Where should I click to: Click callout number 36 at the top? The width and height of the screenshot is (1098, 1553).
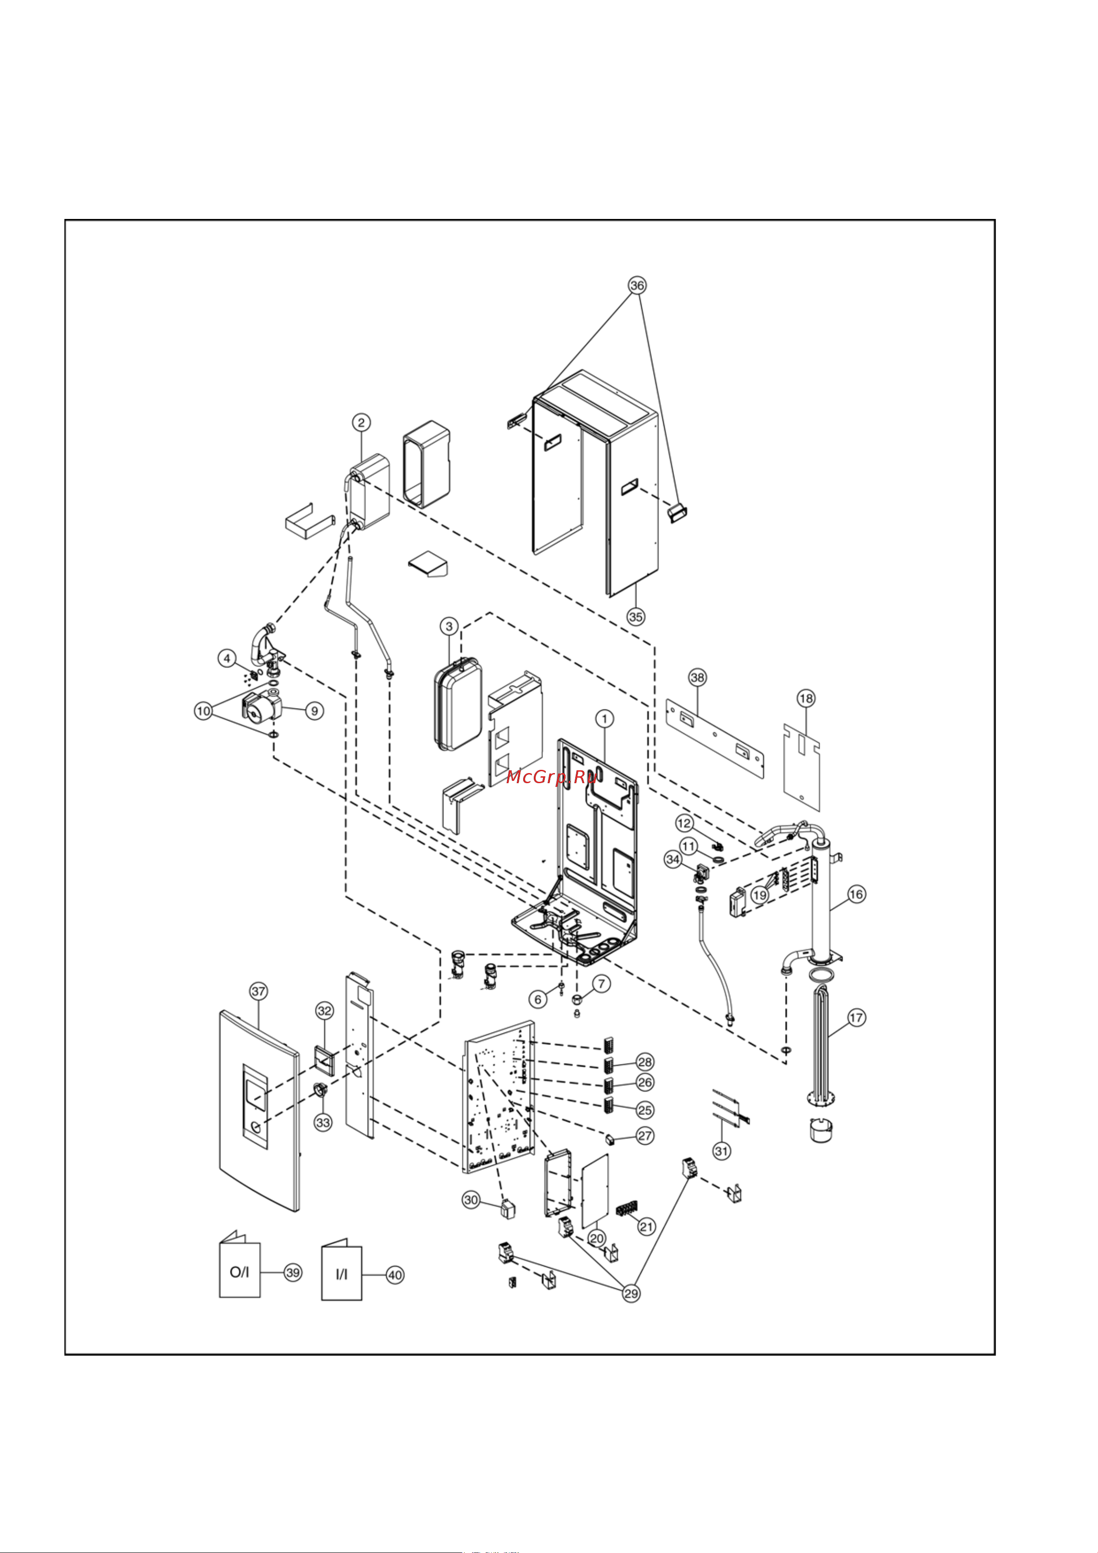pyautogui.click(x=638, y=285)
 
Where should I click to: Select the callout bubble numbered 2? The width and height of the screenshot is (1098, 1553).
pyautogui.click(x=361, y=423)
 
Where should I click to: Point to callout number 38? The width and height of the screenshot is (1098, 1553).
pyautogui.click(x=697, y=677)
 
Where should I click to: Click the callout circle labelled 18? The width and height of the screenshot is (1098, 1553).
pyautogui.click(x=806, y=698)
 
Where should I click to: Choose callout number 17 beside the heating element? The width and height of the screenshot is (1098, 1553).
pyautogui.click(x=856, y=1017)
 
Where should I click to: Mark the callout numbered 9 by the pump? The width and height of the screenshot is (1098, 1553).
pyautogui.click(x=314, y=711)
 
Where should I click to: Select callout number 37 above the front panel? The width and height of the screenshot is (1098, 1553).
pyautogui.click(x=259, y=992)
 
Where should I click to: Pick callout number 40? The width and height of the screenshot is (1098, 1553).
pyautogui.click(x=395, y=1275)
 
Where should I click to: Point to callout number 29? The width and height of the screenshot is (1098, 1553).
pyautogui.click(x=631, y=1293)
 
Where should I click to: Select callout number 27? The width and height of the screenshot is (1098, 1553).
pyautogui.click(x=645, y=1136)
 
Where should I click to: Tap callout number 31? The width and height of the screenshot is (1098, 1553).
pyautogui.click(x=722, y=1151)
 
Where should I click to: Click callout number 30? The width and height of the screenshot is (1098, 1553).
pyautogui.click(x=471, y=1201)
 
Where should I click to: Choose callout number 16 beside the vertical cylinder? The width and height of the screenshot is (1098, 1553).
pyautogui.click(x=856, y=894)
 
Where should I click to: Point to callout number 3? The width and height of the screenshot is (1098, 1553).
pyautogui.click(x=449, y=626)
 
